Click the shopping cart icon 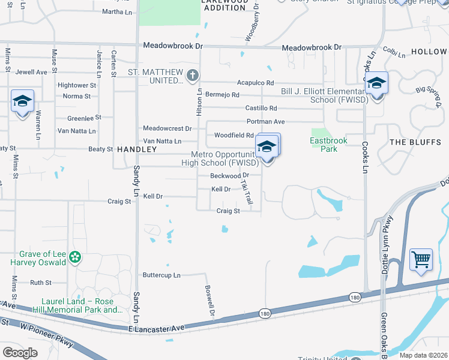tap(421, 260)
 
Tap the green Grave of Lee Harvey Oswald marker tap(75, 258)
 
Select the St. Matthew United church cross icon tap(192, 76)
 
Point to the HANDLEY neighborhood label tap(137, 149)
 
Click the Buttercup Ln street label tap(161, 275)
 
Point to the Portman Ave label tap(265, 121)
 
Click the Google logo tap(20, 353)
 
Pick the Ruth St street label tap(41, 282)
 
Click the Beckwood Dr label tap(229, 175)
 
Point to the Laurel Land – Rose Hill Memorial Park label tap(82, 305)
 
